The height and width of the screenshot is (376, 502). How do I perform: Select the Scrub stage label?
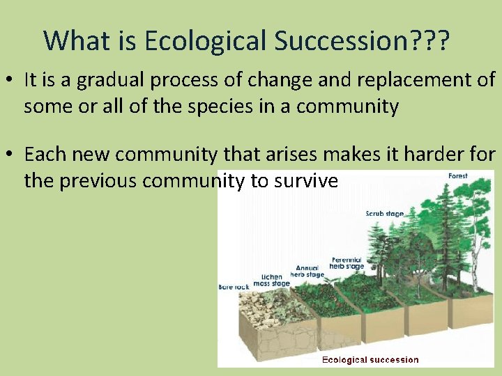click(384, 213)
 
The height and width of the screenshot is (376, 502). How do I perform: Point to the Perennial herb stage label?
click(347, 263)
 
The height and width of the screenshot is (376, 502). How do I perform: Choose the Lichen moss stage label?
click(271, 280)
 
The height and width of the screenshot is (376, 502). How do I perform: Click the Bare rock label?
click(234, 286)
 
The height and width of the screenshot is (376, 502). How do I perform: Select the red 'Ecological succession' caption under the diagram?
click(370, 360)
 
